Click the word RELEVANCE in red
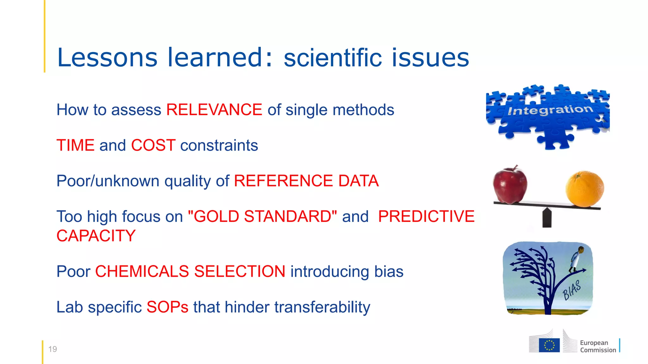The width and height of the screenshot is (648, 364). (214, 110)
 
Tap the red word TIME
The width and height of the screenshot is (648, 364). (75, 145)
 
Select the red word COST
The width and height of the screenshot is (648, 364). (153, 145)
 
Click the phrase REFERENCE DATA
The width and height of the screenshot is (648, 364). (306, 181)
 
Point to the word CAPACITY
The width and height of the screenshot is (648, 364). (96, 236)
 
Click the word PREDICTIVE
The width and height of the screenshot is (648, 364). (426, 217)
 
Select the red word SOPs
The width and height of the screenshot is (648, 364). (167, 307)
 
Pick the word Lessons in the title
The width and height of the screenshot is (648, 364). (107, 58)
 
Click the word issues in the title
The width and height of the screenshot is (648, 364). (430, 58)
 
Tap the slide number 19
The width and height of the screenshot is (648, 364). (53, 349)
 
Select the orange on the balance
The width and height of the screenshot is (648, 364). (584, 189)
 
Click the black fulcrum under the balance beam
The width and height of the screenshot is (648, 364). (547, 218)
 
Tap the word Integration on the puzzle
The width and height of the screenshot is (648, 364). (550, 110)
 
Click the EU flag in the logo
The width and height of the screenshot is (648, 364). (549, 345)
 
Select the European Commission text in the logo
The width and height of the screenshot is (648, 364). (598, 346)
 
